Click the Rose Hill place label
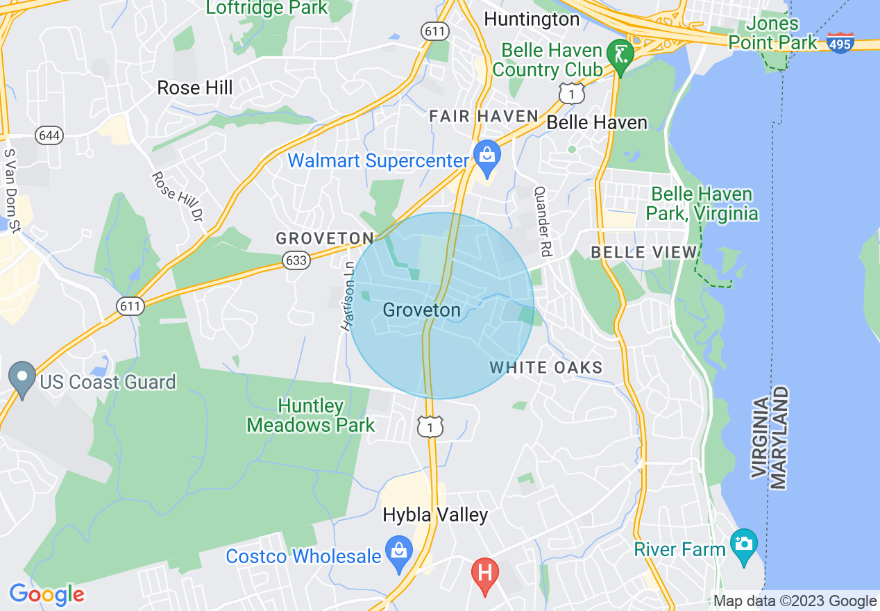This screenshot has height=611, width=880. click(195, 88)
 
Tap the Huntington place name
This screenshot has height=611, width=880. click(532, 19)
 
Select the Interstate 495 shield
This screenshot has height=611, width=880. click(840, 43)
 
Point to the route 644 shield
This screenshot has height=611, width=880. click(49, 135)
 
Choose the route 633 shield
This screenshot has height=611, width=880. click(296, 260)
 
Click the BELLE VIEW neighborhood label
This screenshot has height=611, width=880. click(643, 252)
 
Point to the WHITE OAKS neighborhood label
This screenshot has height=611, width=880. click(546, 367)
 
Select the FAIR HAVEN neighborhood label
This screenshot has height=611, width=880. click(484, 116)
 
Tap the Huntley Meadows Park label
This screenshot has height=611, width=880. click(311, 415)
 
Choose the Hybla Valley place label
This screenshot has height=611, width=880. click(435, 514)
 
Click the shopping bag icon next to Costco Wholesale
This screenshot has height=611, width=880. click(399, 552)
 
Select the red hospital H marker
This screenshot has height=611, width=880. click(484, 574)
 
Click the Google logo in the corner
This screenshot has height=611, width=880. click(46, 595)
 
